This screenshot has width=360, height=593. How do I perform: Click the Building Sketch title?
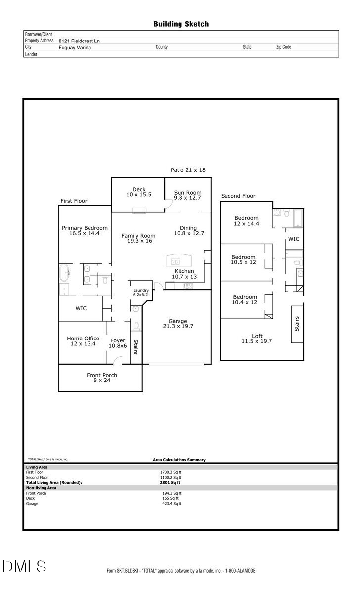pyautogui.click(x=180, y=24)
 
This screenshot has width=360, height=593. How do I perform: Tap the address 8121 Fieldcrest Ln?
pyautogui.click(x=79, y=41)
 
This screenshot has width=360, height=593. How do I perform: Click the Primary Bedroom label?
pyautogui.click(x=85, y=230)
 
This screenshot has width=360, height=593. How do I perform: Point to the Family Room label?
pyautogui.click(x=138, y=238)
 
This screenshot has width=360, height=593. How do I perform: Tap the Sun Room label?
pyautogui.click(x=187, y=195)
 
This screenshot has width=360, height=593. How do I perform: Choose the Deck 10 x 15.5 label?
pyautogui.click(x=138, y=192)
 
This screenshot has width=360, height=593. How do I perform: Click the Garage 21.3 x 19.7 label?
pyautogui.click(x=178, y=323)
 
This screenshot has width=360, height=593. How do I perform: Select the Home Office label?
pyautogui.click(x=83, y=341)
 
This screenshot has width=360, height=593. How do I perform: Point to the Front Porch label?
pyautogui.click(x=102, y=378)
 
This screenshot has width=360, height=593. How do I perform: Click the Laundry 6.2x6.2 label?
pyautogui.click(x=140, y=292)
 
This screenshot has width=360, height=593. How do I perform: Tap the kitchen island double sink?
pyautogui.click(x=176, y=262)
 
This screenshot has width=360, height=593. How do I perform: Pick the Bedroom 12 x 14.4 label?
pyautogui.click(x=246, y=221)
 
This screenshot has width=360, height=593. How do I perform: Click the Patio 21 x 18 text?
pyautogui.click(x=188, y=170)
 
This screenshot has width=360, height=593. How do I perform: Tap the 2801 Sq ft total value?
pyautogui.click(x=172, y=482)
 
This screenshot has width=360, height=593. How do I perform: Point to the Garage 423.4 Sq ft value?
pyautogui.click(x=172, y=504)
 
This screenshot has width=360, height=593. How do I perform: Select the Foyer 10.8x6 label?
pyautogui.click(x=118, y=343)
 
